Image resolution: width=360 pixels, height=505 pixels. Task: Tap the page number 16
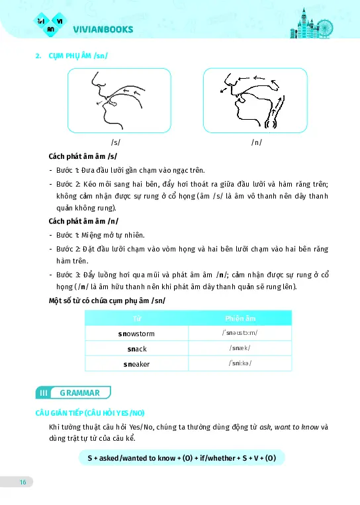22,482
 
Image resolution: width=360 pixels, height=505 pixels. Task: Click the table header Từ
138,318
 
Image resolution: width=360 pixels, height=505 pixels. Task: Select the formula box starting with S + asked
181,457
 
